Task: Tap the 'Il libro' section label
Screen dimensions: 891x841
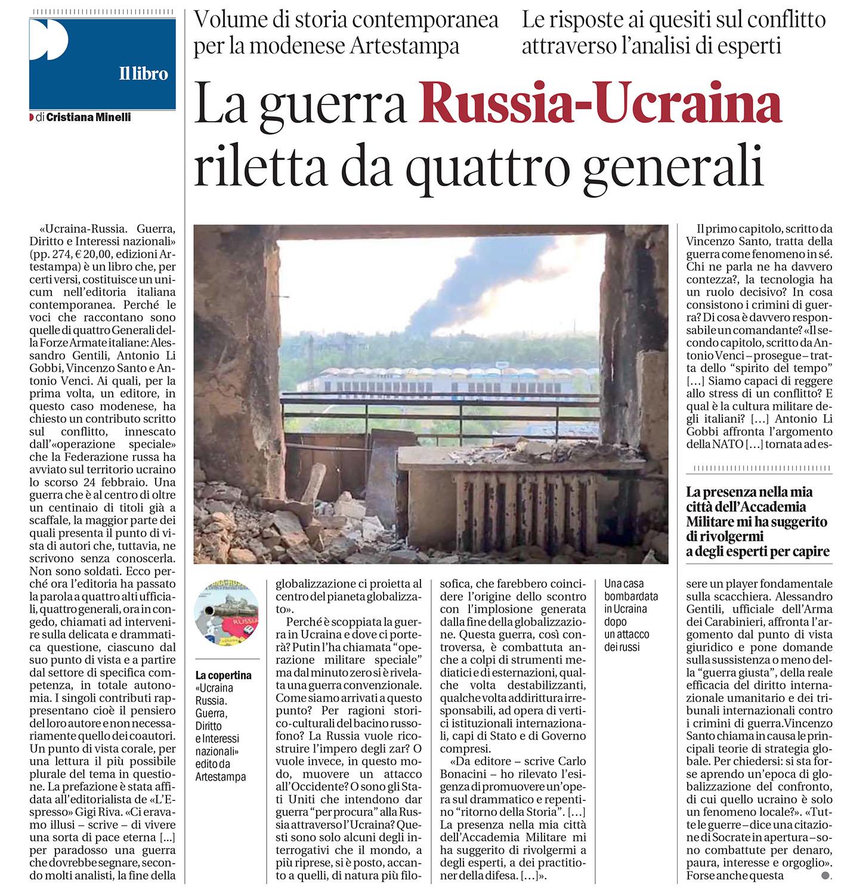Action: [143, 75]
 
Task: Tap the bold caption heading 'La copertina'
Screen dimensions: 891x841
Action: [224, 675]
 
